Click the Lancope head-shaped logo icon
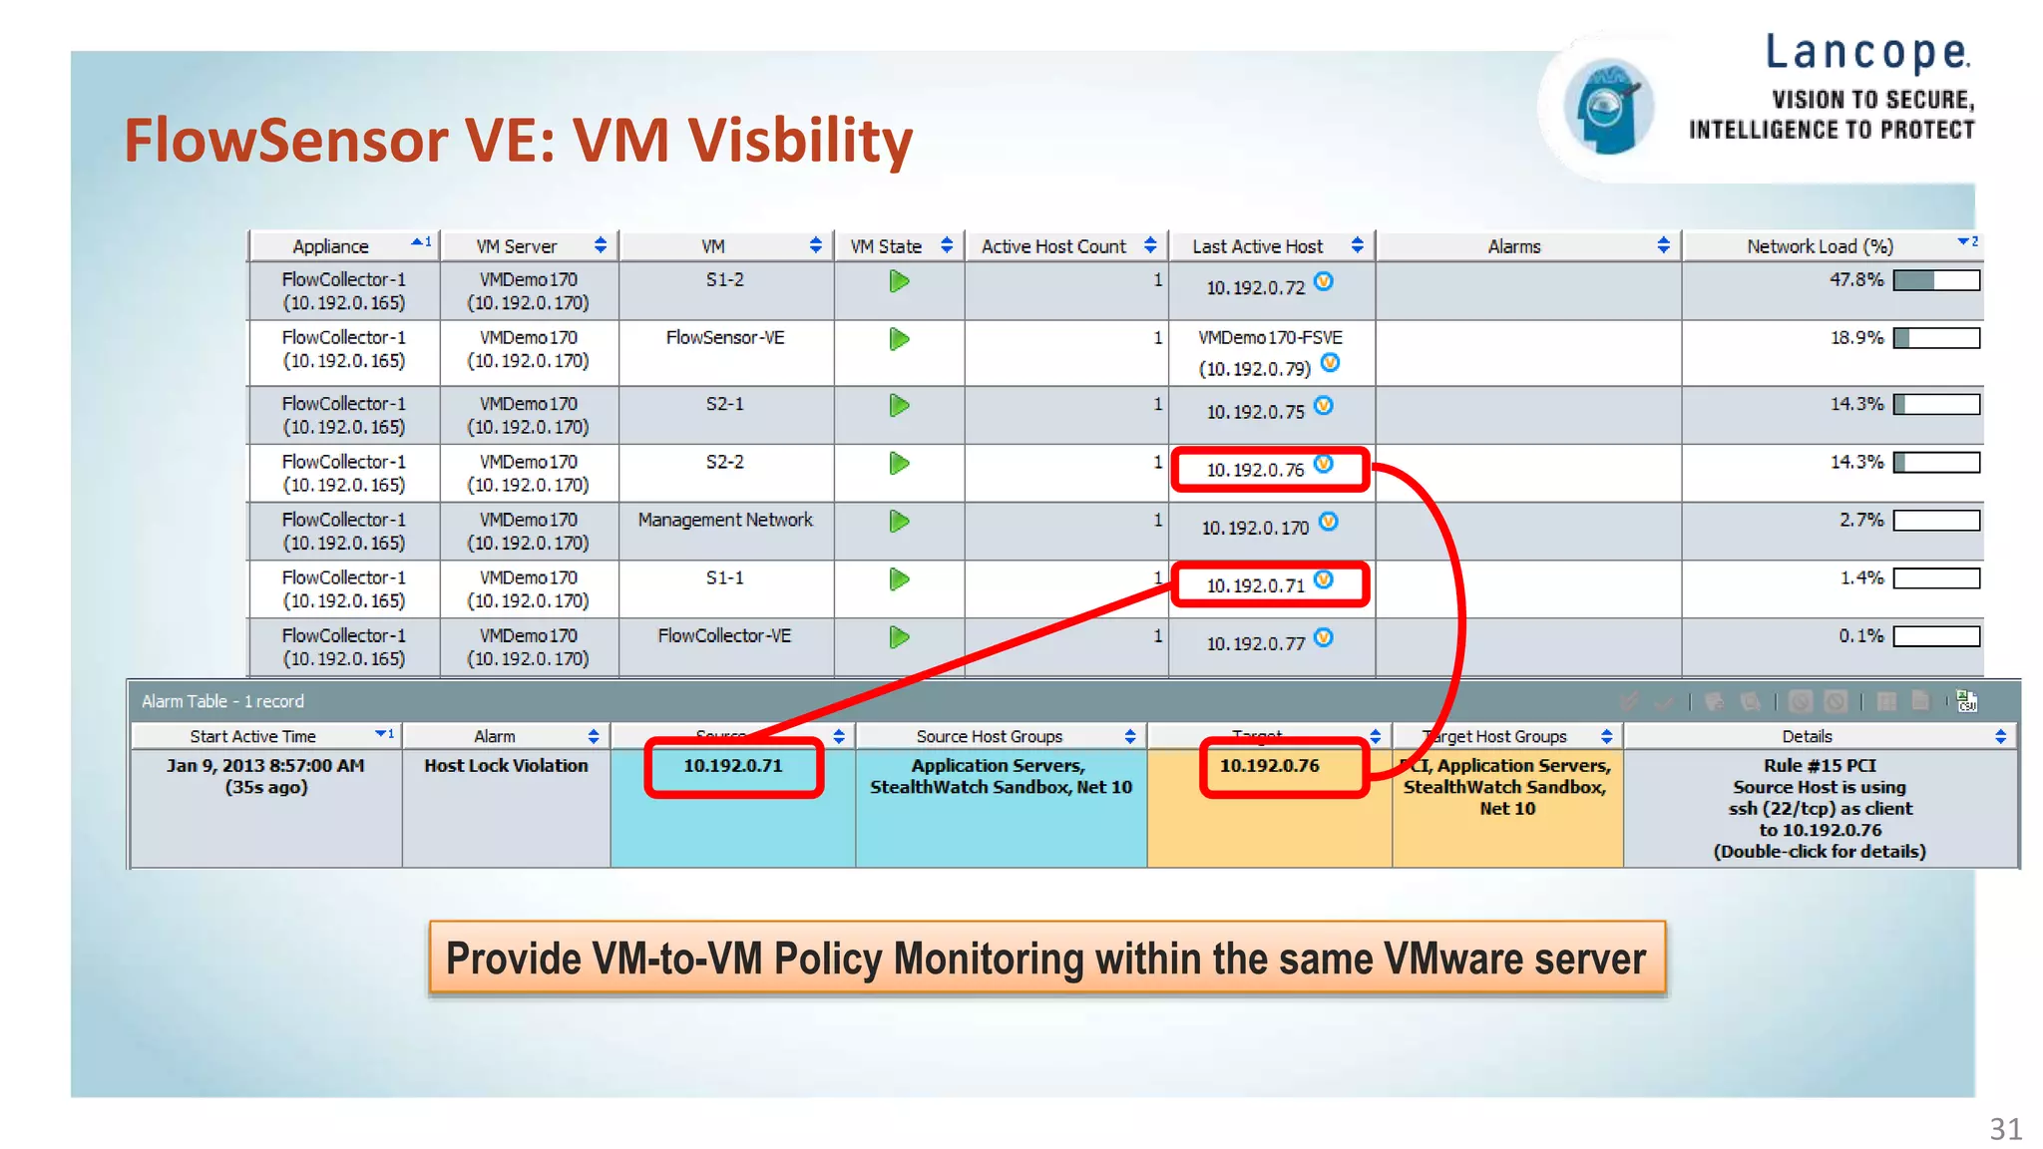click(x=1607, y=107)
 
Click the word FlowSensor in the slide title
click(x=285, y=140)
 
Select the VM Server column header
click(x=516, y=246)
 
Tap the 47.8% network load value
click(x=1855, y=280)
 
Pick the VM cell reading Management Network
click(x=725, y=520)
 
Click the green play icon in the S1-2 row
click(x=899, y=282)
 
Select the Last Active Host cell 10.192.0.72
click(x=1255, y=287)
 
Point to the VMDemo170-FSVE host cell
click(x=1270, y=338)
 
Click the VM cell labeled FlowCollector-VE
click(x=724, y=635)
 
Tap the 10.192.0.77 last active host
click(x=1255, y=643)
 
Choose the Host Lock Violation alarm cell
click(x=506, y=766)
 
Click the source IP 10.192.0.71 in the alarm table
click(x=733, y=766)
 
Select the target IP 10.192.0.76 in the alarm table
click(x=1269, y=766)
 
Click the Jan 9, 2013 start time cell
click(x=265, y=766)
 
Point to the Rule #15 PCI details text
click(x=1820, y=766)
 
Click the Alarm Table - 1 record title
click(x=222, y=701)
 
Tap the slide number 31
click(x=2005, y=1129)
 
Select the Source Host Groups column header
click(x=989, y=736)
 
